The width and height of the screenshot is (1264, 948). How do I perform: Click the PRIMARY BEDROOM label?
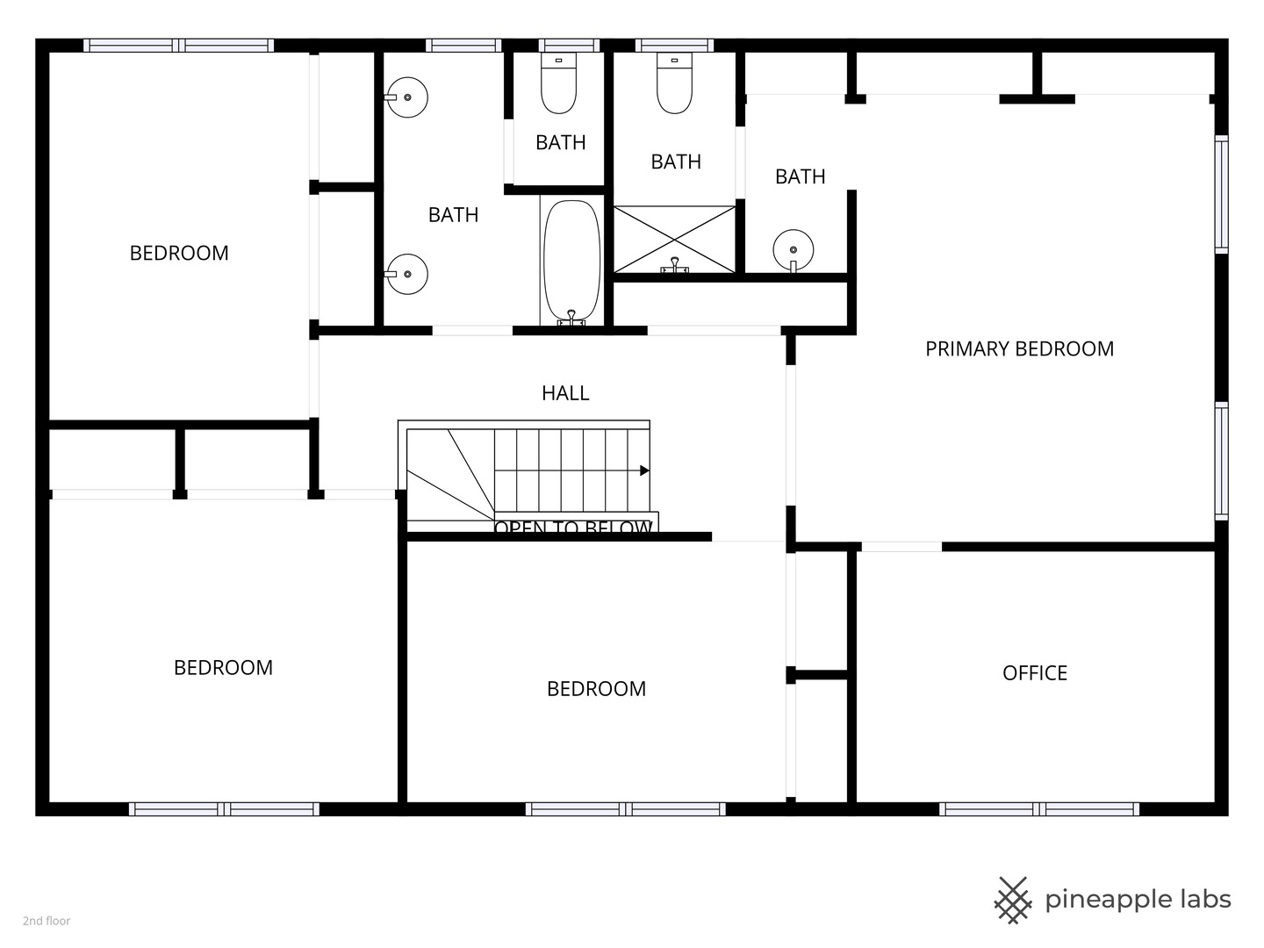[x=1019, y=348]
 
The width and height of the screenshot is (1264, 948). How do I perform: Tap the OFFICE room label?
[x=1035, y=673]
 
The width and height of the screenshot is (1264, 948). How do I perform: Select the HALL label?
[x=565, y=393]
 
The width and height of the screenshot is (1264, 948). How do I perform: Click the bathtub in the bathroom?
[x=571, y=262]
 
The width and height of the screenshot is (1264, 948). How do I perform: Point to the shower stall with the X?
[x=673, y=239]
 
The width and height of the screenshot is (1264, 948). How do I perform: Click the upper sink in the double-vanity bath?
[x=406, y=97]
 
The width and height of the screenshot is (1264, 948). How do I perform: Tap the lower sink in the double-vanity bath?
[x=406, y=274]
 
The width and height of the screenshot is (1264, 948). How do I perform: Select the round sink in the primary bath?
[x=793, y=249]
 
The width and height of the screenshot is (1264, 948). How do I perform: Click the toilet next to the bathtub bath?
[x=558, y=84]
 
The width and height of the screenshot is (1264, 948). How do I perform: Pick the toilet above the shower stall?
[x=674, y=84]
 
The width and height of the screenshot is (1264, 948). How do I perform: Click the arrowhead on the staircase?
[x=644, y=470]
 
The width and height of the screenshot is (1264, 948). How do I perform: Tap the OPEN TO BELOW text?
[x=573, y=527]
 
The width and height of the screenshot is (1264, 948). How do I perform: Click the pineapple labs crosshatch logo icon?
[x=1013, y=900]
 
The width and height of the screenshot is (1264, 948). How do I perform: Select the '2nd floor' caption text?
[x=47, y=921]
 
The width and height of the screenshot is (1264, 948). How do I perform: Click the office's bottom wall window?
[x=1038, y=808]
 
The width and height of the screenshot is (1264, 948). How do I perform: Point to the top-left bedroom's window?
[x=179, y=46]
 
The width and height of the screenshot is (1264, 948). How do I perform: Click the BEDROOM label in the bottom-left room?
[x=223, y=668]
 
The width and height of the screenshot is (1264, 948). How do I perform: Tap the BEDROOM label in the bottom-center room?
[x=596, y=689]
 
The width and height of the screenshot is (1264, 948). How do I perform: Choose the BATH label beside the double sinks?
[x=453, y=215]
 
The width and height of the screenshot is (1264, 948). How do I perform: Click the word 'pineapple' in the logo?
[x=1108, y=900]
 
